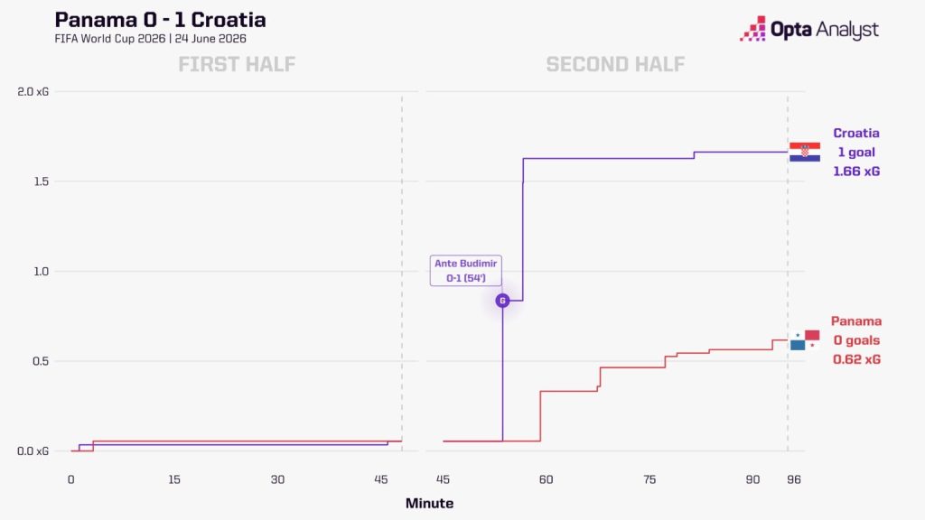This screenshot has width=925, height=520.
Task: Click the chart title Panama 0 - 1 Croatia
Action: (x=160, y=20)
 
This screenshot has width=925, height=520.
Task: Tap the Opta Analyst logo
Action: (x=809, y=29)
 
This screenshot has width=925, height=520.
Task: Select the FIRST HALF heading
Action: (x=237, y=64)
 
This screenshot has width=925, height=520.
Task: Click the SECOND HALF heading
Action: (x=615, y=64)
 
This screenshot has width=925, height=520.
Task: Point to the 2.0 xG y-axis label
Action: (x=33, y=91)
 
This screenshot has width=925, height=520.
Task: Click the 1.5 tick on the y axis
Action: (x=42, y=181)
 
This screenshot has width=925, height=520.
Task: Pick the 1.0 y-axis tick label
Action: (x=42, y=271)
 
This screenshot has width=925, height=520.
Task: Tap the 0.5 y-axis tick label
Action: (x=42, y=361)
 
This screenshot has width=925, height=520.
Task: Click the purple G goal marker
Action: (x=502, y=301)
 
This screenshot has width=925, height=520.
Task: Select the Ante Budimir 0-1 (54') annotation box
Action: (x=466, y=271)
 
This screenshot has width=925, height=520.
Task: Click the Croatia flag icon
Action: (x=805, y=152)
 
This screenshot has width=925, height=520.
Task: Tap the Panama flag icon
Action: (x=805, y=340)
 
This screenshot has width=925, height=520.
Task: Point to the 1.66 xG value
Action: (x=856, y=172)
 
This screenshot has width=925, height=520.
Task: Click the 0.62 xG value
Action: (x=856, y=359)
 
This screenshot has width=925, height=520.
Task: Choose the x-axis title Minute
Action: (x=429, y=504)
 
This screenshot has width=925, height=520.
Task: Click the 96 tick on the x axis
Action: (x=794, y=480)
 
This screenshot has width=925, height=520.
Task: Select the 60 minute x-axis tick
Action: (x=547, y=480)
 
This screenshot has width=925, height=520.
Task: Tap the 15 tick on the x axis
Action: (x=174, y=480)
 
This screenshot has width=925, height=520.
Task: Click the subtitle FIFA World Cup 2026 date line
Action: (x=151, y=39)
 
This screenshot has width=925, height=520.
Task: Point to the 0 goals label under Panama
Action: (x=856, y=340)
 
